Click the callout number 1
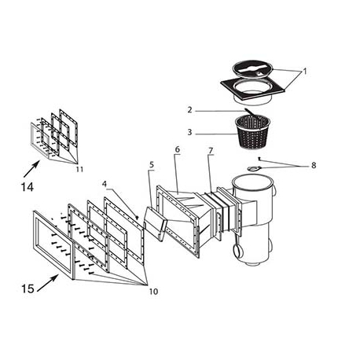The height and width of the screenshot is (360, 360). click(306, 71)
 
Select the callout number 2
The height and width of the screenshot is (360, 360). click(189, 110)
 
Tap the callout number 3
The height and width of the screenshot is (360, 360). click(189, 132)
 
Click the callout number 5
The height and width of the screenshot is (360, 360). click(152, 164)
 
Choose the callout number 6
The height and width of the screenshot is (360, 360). click(178, 149)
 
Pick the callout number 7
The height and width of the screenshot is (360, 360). click(210, 150)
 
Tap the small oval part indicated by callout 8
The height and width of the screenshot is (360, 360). click(251, 168)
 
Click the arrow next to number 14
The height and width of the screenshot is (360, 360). click(32, 166)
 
